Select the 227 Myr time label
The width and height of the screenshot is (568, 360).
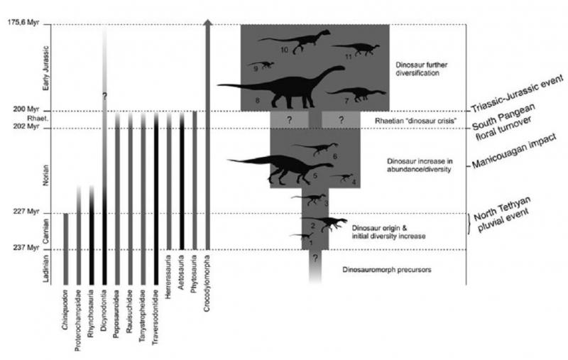point(26,211)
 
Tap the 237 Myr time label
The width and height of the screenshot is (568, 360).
point(26,248)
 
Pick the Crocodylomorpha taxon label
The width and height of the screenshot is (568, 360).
point(207,283)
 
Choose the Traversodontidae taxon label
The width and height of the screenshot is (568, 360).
point(155,317)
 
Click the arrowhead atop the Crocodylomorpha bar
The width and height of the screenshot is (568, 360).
point(207,23)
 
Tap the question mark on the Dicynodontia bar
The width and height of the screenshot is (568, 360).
point(104,97)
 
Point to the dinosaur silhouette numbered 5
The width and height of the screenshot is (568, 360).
point(280,168)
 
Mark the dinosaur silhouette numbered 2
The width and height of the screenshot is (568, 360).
point(324,224)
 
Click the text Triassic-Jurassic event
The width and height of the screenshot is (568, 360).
point(518,94)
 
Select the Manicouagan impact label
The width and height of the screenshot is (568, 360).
point(513,151)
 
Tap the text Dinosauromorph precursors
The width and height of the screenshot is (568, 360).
point(387,270)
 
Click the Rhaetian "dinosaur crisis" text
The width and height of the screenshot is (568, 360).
point(415,121)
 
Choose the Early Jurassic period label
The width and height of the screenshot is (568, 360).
point(46,68)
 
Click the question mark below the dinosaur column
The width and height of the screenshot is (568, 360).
point(315,258)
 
